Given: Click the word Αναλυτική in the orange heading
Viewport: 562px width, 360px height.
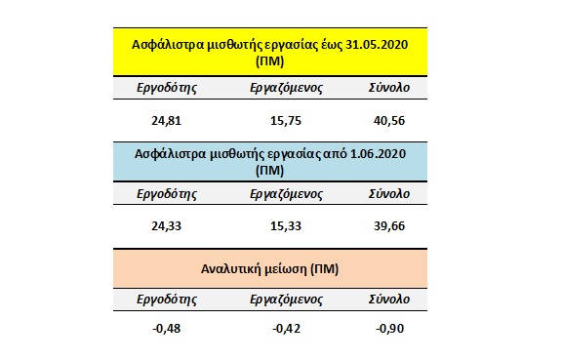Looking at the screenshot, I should [247, 266].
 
